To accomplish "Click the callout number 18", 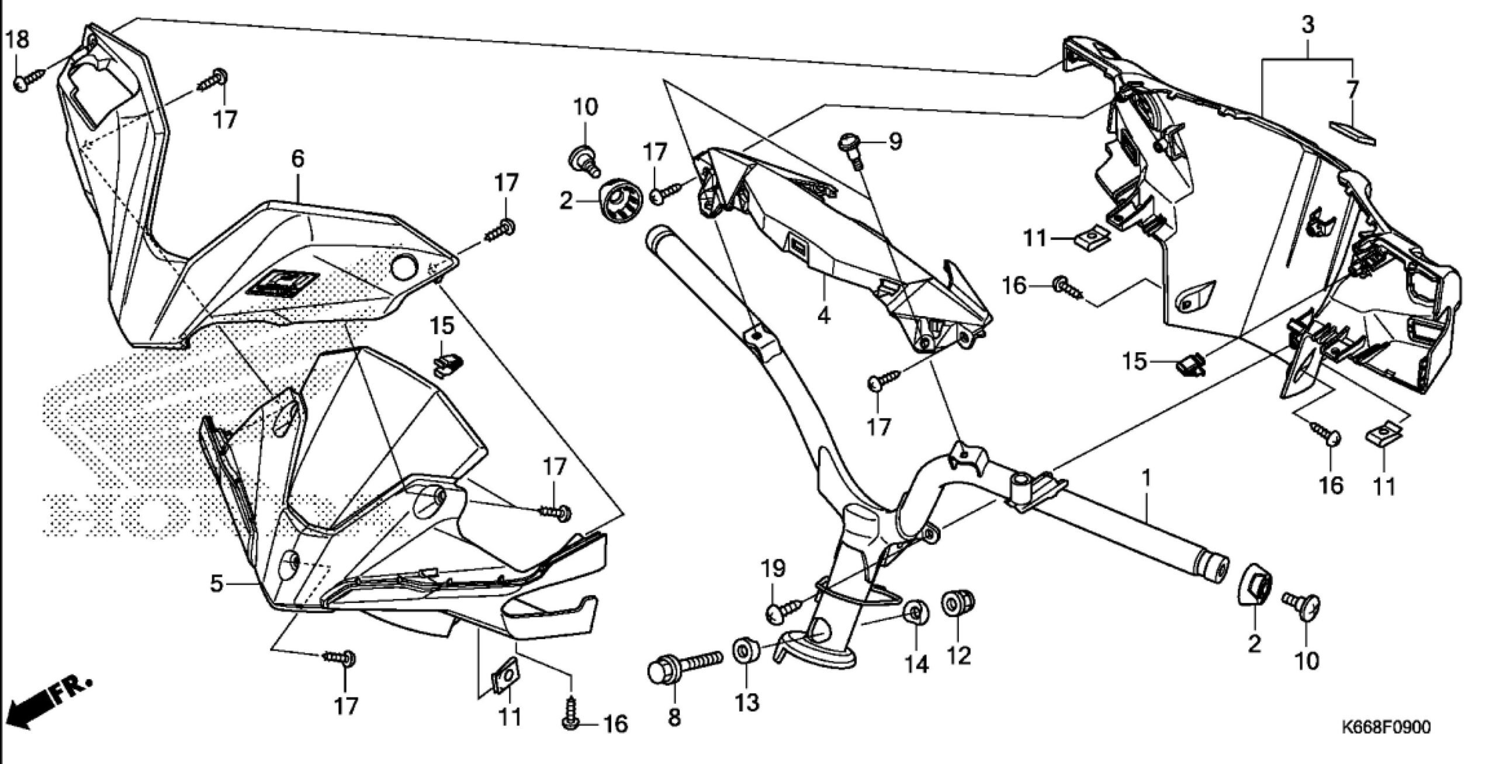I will point(17,41).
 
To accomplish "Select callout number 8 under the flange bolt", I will point(674,718).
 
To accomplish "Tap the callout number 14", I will point(916,664).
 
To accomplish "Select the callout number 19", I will point(775,568).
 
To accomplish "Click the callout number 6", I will point(298,159).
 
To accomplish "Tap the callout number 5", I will point(217,583).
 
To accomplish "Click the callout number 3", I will point(1308,25).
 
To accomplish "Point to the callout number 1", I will point(1147,479).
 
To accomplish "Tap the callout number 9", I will point(895,141).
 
